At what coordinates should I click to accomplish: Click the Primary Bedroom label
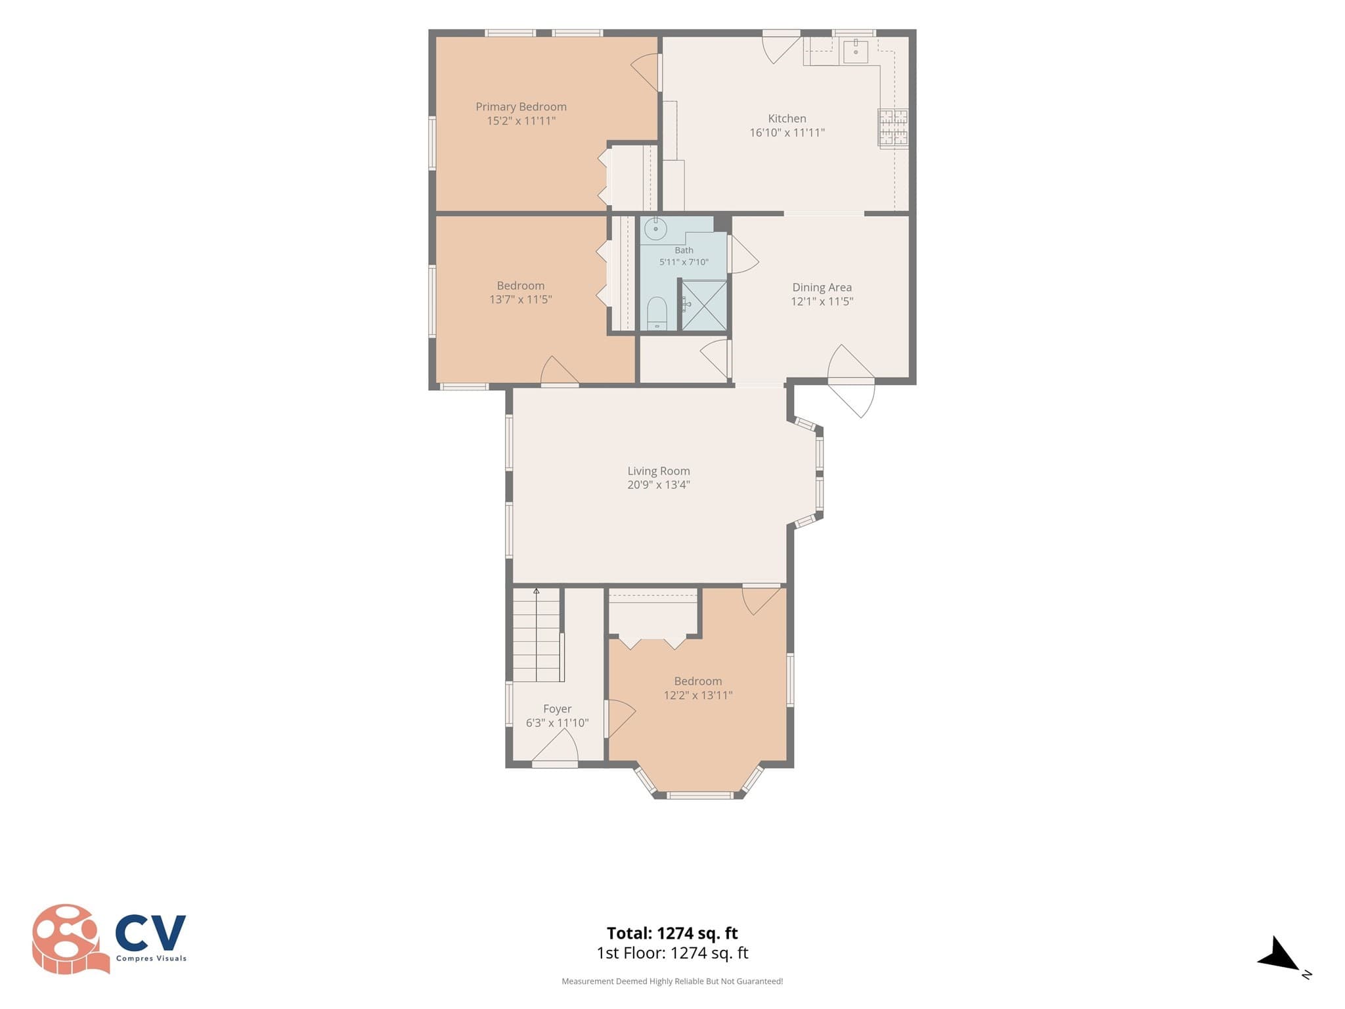click(521, 107)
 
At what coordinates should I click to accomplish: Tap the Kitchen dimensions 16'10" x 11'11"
click(787, 133)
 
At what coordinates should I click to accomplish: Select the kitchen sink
click(856, 51)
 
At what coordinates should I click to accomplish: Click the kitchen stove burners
click(893, 127)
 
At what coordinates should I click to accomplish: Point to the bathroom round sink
click(655, 229)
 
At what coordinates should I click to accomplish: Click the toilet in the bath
click(657, 313)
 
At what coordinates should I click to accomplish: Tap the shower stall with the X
click(703, 305)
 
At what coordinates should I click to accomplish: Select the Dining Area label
click(822, 288)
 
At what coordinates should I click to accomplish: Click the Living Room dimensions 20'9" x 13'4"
click(658, 485)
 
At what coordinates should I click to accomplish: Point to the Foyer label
click(557, 709)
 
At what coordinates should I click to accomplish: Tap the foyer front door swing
click(555, 747)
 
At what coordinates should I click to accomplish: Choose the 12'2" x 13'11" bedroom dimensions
click(697, 696)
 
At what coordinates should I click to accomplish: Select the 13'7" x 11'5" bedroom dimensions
click(520, 300)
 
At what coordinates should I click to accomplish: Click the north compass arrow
click(1279, 954)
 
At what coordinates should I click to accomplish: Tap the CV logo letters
click(150, 933)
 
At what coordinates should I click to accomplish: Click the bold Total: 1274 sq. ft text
click(672, 933)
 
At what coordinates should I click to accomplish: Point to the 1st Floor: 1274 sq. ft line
click(672, 953)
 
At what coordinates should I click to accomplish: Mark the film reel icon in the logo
click(70, 938)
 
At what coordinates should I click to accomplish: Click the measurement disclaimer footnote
click(672, 981)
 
